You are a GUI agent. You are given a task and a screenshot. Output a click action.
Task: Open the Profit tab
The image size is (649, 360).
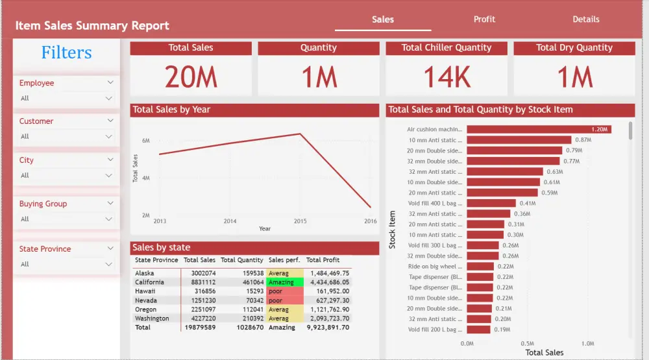[484, 19]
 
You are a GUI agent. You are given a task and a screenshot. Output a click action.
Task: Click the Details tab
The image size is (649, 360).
[585, 19]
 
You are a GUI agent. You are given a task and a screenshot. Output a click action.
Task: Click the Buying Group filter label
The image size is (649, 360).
[43, 204]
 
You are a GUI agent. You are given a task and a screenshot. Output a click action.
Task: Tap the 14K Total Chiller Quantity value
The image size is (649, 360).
[447, 77]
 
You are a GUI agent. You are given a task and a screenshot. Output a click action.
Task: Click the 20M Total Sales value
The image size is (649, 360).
[191, 77]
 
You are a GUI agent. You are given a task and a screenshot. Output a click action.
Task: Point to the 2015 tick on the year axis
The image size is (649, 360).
[300, 221]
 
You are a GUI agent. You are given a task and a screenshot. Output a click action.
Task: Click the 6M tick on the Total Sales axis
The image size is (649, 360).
[146, 141]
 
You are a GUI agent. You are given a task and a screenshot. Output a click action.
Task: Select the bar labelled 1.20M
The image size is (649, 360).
[539, 129]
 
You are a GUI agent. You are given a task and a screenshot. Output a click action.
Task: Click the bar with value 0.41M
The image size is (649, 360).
[491, 203]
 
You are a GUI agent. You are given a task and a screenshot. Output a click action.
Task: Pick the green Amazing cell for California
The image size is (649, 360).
[284, 282]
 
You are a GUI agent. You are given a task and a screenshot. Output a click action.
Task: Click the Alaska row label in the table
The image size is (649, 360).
[145, 273]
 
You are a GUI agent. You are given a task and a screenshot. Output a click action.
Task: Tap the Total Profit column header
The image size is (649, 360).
[323, 260]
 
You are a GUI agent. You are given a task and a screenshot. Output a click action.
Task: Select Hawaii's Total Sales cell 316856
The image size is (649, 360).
[199, 291]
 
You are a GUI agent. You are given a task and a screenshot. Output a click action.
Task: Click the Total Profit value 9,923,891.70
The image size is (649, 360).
[328, 328]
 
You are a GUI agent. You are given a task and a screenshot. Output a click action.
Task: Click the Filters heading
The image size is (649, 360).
[66, 53]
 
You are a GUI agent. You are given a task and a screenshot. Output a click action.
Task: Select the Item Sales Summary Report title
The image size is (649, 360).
[92, 26]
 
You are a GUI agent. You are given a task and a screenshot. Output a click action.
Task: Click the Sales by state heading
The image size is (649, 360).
[162, 247]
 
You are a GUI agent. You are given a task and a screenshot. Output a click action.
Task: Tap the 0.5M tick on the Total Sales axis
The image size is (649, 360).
[527, 344]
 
